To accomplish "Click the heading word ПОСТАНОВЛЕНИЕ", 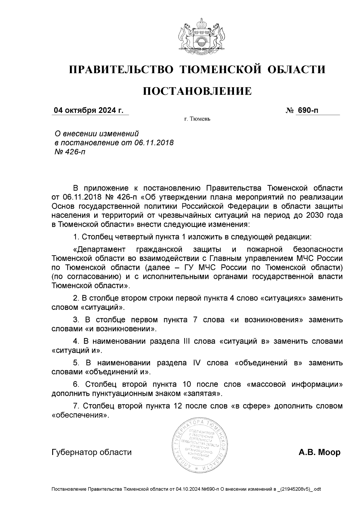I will [197, 91].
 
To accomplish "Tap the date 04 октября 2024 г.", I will [88, 110].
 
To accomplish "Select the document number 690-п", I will [307, 110].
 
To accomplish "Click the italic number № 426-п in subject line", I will [69, 152].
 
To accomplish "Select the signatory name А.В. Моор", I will [319, 452].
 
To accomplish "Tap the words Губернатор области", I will [92, 452].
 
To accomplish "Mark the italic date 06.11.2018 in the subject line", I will [154, 142].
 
